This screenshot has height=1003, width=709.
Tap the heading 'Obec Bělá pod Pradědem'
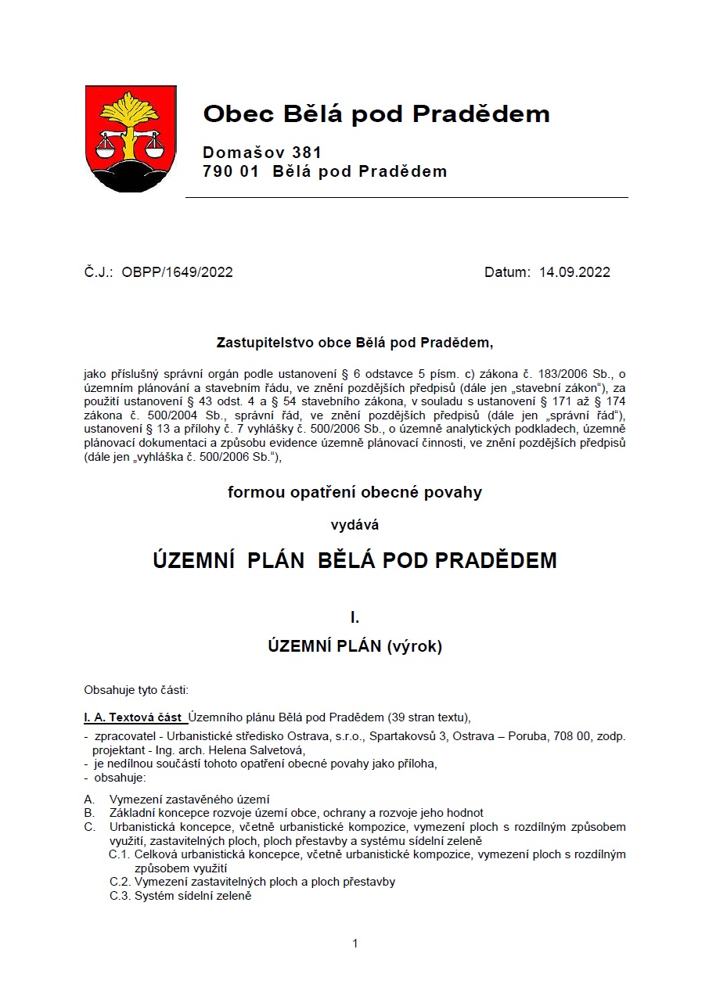(x=376, y=114)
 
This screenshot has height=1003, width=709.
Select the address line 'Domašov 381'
(x=261, y=153)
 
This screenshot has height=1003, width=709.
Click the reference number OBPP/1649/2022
(x=177, y=272)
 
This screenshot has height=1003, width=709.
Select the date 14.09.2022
(x=574, y=272)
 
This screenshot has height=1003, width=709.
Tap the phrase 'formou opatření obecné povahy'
(x=354, y=493)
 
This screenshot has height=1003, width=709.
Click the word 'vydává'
(x=354, y=526)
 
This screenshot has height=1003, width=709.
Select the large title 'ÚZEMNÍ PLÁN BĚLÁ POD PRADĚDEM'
(x=354, y=561)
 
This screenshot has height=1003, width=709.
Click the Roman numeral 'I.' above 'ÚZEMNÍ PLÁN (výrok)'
(x=354, y=618)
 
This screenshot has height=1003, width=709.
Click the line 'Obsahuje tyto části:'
(x=136, y=690)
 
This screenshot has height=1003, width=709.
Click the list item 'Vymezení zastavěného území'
(x=189, y=800)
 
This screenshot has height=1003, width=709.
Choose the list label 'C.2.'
(x=120, y=882)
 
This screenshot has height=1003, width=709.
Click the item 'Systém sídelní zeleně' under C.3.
(x=193, y=896)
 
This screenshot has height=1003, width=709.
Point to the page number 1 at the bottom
(x=355, y=944)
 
